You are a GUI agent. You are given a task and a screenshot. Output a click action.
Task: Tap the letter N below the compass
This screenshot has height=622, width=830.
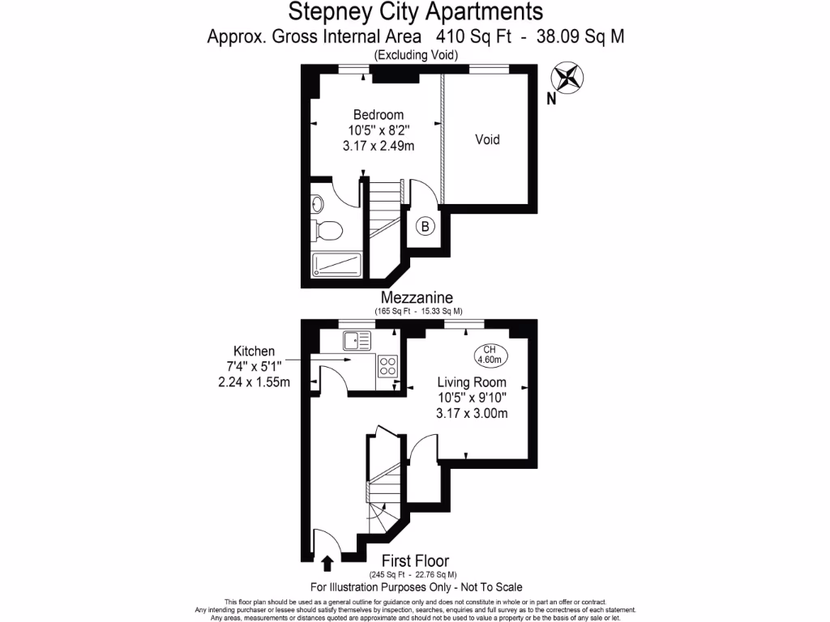tap(551, 100)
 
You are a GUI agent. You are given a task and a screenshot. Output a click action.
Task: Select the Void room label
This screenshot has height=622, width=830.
tap(487, 139)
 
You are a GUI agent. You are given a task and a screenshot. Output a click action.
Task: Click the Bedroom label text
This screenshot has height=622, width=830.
tap(378, 115)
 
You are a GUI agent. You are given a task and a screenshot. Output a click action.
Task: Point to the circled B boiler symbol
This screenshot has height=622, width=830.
tap(425, 227)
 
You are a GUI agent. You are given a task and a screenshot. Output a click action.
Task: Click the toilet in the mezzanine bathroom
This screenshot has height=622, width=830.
tap(327, 229)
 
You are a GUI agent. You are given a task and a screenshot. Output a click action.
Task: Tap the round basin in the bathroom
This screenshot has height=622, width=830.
tap(318, 203)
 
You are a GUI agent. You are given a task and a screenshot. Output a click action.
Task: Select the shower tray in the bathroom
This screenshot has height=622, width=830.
tap(336, 265)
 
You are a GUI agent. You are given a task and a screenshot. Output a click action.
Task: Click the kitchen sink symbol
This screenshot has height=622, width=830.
tap(357, 339)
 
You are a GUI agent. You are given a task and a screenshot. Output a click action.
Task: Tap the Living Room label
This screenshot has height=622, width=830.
tap(472, 382)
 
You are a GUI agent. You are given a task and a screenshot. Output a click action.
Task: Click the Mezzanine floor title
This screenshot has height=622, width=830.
tap(418, 298)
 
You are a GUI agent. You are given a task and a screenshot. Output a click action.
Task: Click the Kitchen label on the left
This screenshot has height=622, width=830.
tap(254, 351)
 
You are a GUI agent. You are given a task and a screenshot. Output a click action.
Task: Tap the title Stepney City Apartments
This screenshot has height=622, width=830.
tap(416, 12)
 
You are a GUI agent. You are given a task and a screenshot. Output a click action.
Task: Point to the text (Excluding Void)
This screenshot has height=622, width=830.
tap(416, 55)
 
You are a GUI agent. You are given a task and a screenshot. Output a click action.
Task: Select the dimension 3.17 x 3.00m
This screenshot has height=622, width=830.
tap(472, 413)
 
